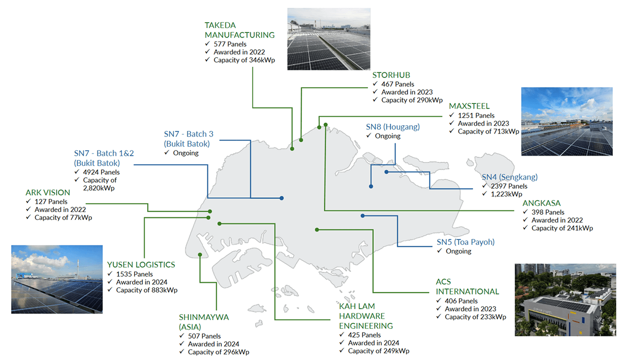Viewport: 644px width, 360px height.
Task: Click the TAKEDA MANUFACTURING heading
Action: pos(239,30)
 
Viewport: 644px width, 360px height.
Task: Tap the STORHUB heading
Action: pos(391,75)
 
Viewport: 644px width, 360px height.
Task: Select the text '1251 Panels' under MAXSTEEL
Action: pos(476,116)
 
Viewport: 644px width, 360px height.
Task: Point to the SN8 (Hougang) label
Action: pos(393,127)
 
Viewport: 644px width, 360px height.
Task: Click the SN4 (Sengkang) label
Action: pos(510,177)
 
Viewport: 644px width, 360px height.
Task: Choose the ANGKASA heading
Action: pos(541,203)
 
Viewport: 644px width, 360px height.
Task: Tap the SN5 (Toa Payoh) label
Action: pos(466,242)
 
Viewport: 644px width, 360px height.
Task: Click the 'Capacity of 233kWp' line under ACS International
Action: pos(475,317)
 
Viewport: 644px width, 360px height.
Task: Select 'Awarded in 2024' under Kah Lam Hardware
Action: pos(374,343)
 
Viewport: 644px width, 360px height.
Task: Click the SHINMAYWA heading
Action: pos(204,322)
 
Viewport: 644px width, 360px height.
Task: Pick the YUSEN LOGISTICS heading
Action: pos(141,265)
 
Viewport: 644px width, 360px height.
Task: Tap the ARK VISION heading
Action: pos(48,193)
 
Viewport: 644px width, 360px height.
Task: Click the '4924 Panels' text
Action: pos(101,172)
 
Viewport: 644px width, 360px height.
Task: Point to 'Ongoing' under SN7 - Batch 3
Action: pos(186,153)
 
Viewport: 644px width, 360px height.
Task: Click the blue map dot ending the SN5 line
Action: pos(363,216)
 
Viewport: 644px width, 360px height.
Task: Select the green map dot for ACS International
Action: pos(317,230)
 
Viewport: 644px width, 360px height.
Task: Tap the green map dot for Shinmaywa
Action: pos(200,255)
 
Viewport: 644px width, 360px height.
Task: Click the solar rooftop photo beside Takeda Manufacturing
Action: pos(329,39)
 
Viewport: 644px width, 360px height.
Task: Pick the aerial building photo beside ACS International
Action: pos(566,300)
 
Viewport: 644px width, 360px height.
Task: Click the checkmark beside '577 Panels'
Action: pos(207,44)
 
